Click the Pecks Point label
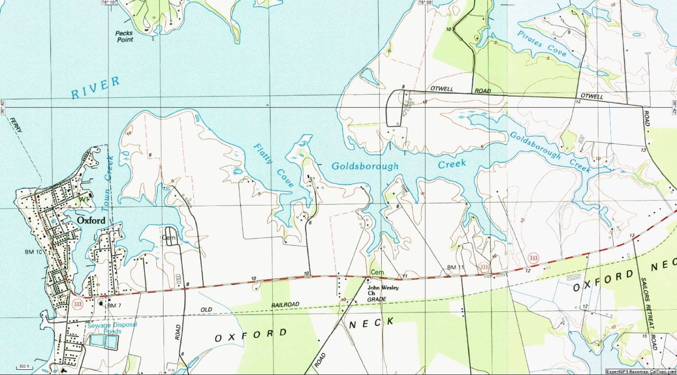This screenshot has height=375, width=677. pyautogui.click(x=124, y=36)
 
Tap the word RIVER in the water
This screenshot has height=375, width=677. pyautogui.click(x=95, y=87)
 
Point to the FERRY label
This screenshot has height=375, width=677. pyautogui.click(x=16, y=126)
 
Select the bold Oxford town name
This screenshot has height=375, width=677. pyautogui.click(x=91, y=220)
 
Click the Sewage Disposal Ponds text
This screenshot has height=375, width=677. pyautogui.click(x=112, y=328)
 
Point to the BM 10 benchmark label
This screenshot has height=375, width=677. pyautogui.click(x=33, y=252)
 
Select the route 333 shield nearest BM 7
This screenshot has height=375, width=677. pyautogui.click(x=78, y=304)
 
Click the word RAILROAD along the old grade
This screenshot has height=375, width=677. pyautogui.click(x=285, y=304)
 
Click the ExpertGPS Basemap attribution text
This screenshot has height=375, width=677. pyautogui.click(x=641, y=372)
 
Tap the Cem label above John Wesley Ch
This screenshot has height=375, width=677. pyautogui.click(x=377, y=272)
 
